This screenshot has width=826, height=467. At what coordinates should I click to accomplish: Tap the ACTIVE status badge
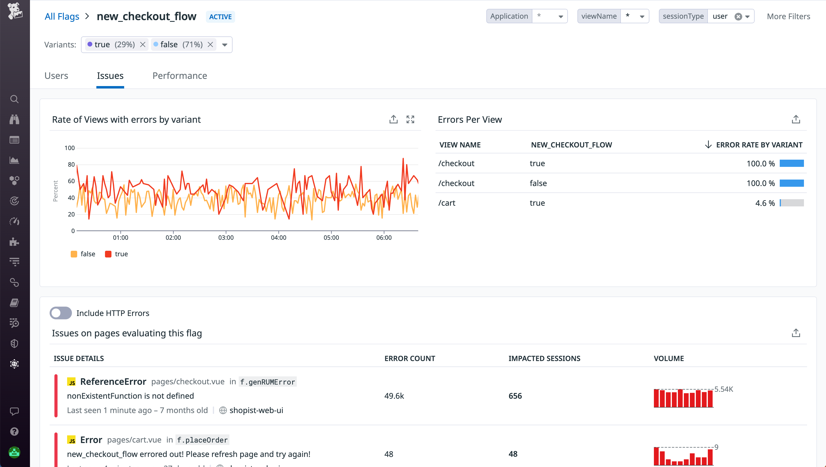coord(220,17)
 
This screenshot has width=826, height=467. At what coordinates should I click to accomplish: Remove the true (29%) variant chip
coord(143,45)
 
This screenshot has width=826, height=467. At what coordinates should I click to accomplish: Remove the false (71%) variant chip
coord(210,45)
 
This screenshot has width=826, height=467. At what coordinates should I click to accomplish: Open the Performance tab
coord(180,76)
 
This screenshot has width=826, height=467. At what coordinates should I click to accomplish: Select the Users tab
coord(56,76)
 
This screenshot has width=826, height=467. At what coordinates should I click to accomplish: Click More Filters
coord(788,16)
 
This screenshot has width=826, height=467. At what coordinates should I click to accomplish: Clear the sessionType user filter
coord(738,17)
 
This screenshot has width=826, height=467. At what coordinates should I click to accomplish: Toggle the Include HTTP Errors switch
coord(61,313)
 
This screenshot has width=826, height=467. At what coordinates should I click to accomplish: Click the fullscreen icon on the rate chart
coord(410,119)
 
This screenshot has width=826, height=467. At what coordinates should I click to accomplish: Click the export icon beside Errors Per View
coord(796,119)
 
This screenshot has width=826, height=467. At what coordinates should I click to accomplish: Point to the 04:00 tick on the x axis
coord(278,237)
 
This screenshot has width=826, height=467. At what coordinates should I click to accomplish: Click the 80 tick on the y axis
coord(71,164)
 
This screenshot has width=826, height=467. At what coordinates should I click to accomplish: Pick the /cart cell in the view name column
coord(447,203)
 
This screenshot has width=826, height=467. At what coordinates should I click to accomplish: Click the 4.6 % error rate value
coord(765,203)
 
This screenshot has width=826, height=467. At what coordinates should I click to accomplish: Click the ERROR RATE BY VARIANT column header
coord(759,145)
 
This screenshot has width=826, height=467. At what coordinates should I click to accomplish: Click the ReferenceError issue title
coord(113,382)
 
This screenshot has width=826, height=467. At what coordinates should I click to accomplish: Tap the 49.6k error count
coord(394,396)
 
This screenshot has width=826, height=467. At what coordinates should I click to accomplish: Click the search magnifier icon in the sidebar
coord(14,99)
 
